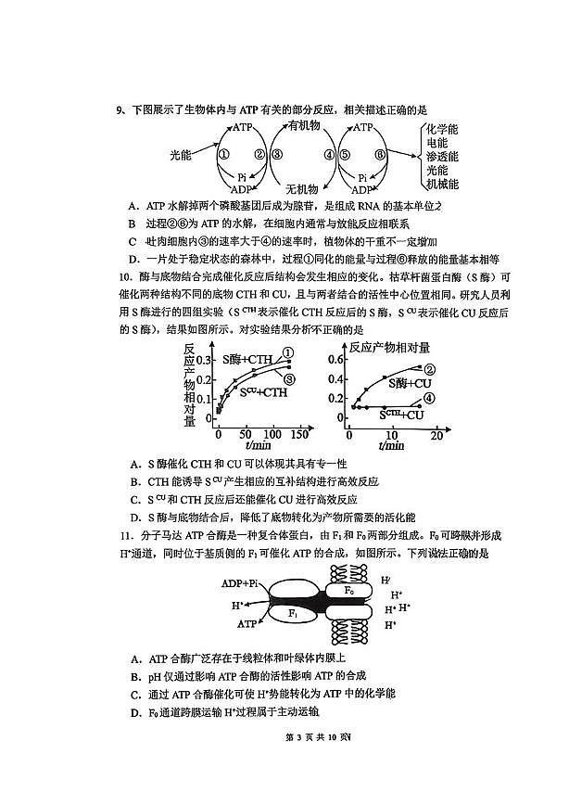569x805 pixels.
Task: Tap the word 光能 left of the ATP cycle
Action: point(183,155)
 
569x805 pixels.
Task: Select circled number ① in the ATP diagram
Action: point(223,155)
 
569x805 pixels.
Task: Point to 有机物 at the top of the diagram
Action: point(303,126)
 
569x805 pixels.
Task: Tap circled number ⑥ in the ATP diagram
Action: point(379,155)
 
